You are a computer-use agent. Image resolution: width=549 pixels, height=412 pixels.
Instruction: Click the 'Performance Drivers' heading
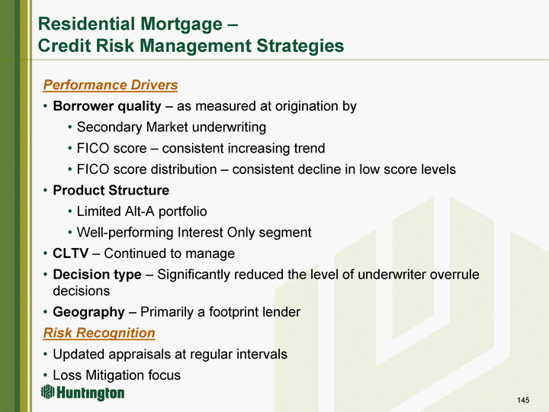(x=111, y=85)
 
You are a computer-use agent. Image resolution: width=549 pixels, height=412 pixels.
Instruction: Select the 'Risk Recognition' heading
(x=99, y=333)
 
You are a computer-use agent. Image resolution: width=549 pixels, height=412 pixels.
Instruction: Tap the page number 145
(x=523, y=400)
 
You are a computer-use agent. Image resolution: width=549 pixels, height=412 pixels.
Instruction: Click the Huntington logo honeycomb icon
(x=47, y=391)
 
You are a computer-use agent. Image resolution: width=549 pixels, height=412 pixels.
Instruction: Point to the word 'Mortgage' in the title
(x=181, y=24)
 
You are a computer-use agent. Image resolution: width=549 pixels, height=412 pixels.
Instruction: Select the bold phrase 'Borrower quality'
(x=107, y=107)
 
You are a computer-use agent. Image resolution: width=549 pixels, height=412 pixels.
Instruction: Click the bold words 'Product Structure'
(x=111, y=190)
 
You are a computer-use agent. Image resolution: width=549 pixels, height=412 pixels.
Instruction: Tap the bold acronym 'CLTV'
(x=71, y=253)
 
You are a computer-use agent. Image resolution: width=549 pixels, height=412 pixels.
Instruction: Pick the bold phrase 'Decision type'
(x=97, y=275)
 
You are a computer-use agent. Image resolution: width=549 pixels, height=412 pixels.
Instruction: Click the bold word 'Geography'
(x=88, y=312)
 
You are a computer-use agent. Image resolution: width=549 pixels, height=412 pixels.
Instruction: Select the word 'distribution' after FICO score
(x=182, y=169)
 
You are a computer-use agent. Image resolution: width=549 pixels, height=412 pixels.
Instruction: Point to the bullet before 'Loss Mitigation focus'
(x=45, y=375)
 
